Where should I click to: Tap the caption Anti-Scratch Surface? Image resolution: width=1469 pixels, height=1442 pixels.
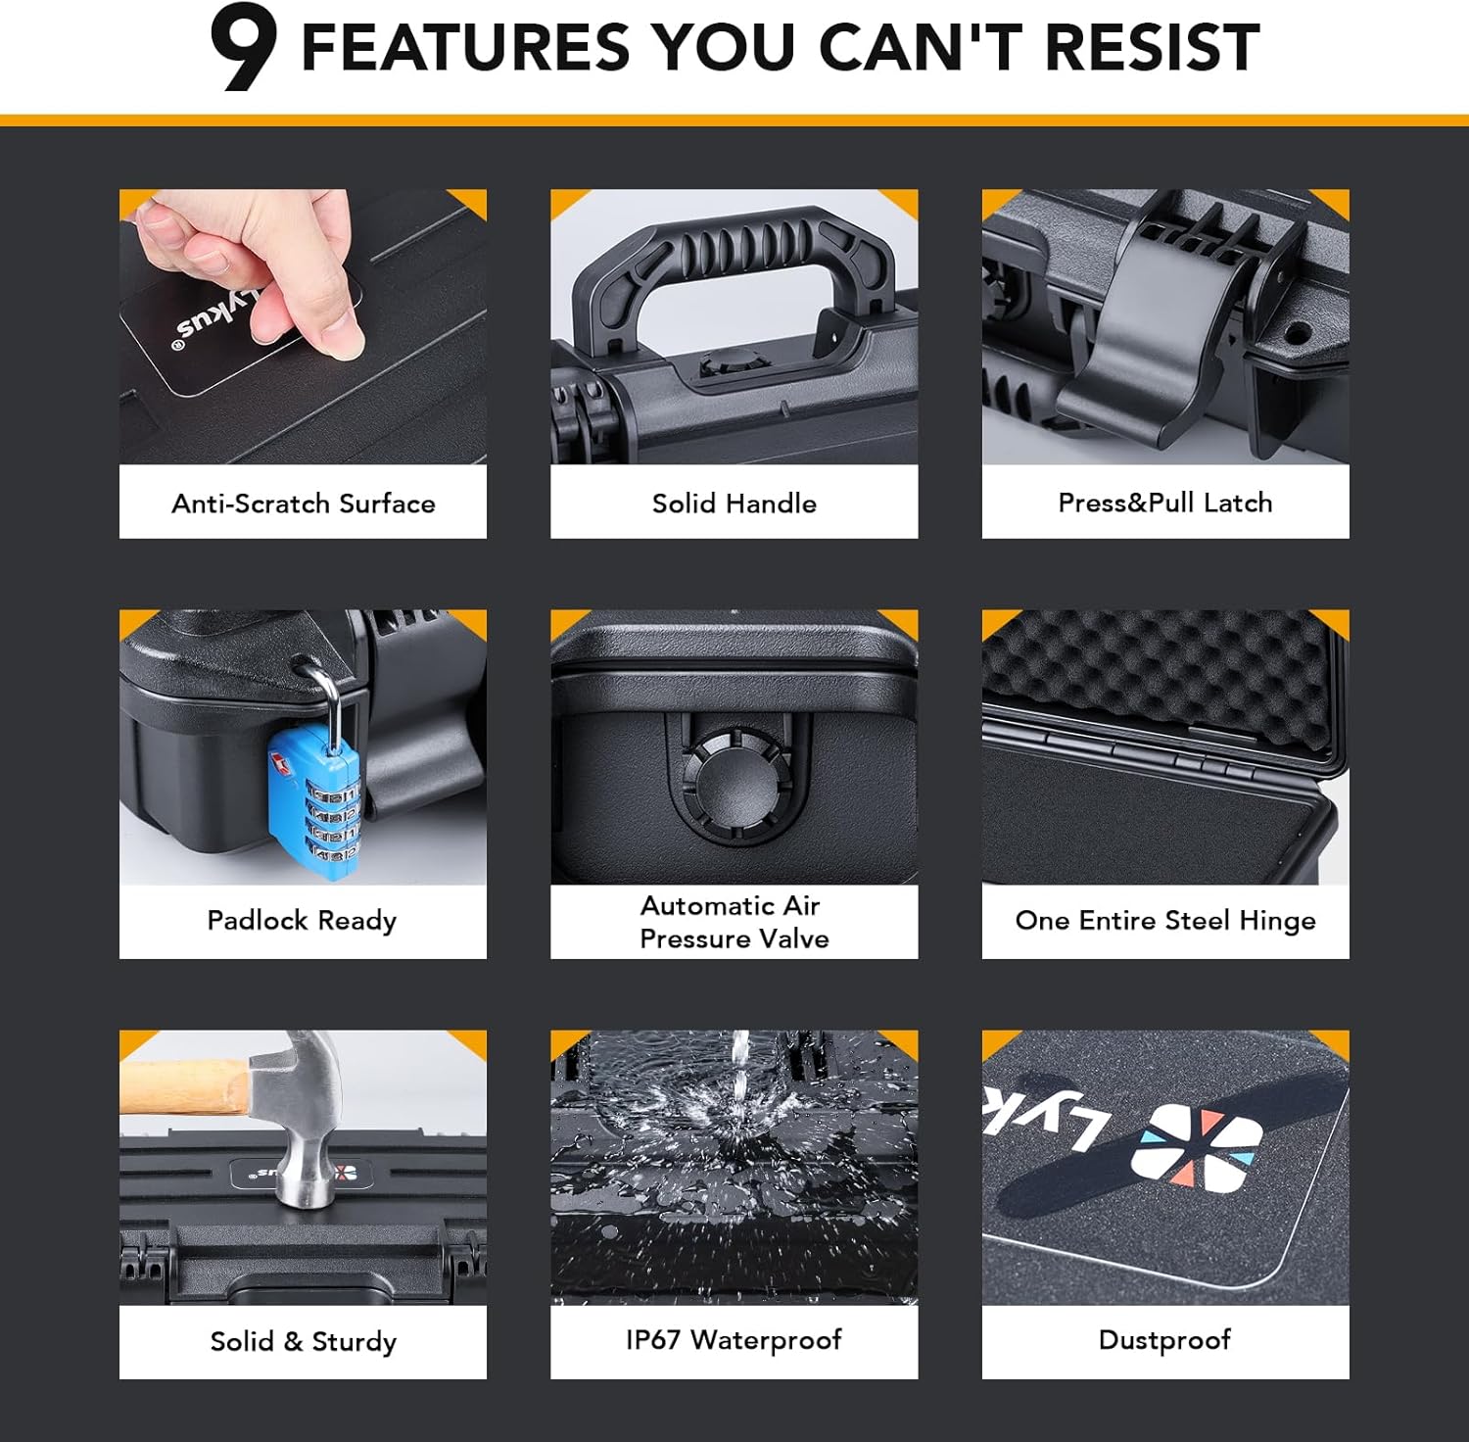click(304, 504)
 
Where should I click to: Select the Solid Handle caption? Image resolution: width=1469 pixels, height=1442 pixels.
click(734, 504)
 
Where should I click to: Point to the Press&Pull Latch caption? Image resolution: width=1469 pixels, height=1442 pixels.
click(1165, 503)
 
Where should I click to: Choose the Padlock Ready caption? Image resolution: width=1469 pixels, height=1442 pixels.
click(302, 921)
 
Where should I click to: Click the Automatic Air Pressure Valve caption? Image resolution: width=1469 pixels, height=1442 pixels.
click(734, 922)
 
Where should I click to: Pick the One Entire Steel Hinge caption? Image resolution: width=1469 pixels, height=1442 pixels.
click(1165, 921)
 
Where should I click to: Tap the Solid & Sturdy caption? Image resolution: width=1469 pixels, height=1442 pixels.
click(304, 1341)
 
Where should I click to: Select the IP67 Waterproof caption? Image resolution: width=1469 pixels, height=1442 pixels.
click(734, 1340)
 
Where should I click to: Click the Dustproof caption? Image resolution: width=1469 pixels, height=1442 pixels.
click(1165, 1340)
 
